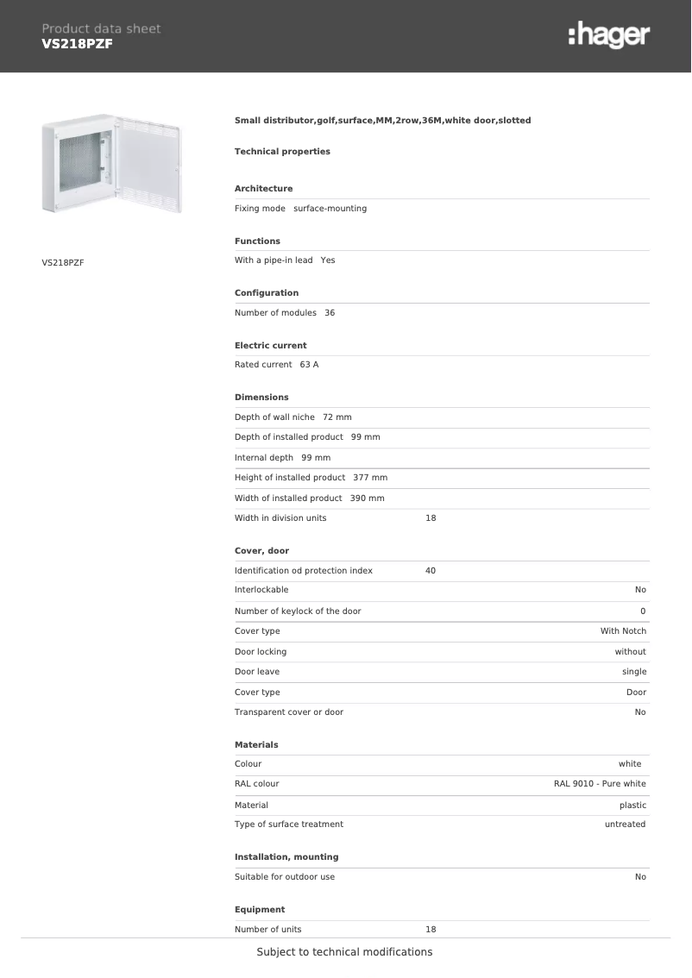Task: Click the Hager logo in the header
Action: (609, 35)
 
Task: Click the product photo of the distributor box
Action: (112, 166)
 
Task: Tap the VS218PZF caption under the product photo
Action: (63, 261)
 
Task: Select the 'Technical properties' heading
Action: (282, 152)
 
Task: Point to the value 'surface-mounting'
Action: (330, 209)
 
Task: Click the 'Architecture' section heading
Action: (263, 189)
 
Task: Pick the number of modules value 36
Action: (330, 313)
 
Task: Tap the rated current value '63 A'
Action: (309, 365)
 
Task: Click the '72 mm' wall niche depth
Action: (337, 417)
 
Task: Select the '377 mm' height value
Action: (370, 478)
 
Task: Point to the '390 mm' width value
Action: (367, 498)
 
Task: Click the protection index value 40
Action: (431, 571)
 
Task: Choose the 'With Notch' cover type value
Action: (623, 631)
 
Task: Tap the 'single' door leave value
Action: (634, 672)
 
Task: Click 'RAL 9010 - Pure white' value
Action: (600, 784)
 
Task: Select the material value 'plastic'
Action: (632, 806)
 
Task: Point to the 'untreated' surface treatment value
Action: (625, 824)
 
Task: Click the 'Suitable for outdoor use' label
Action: (285, 877)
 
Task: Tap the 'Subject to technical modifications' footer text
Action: (344, 952)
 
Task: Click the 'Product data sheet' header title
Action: (101, 28)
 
